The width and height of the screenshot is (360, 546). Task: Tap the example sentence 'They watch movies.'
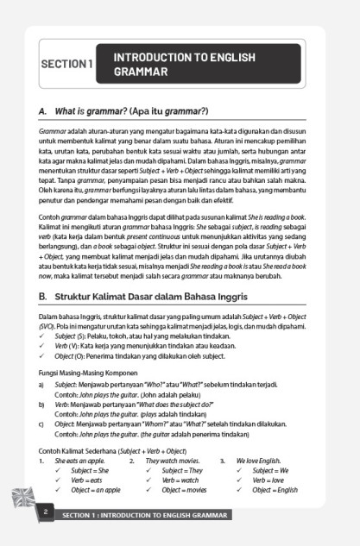[174, 461]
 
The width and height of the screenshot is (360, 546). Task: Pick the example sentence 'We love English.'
[262, 461]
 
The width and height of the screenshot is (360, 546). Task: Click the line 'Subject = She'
[90, 471]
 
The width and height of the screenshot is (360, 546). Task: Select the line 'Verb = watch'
[180, 480]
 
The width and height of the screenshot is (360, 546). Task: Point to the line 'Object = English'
[275, 490]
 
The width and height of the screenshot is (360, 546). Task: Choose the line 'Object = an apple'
[96, 490]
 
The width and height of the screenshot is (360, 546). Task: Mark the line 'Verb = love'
[268, 480]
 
